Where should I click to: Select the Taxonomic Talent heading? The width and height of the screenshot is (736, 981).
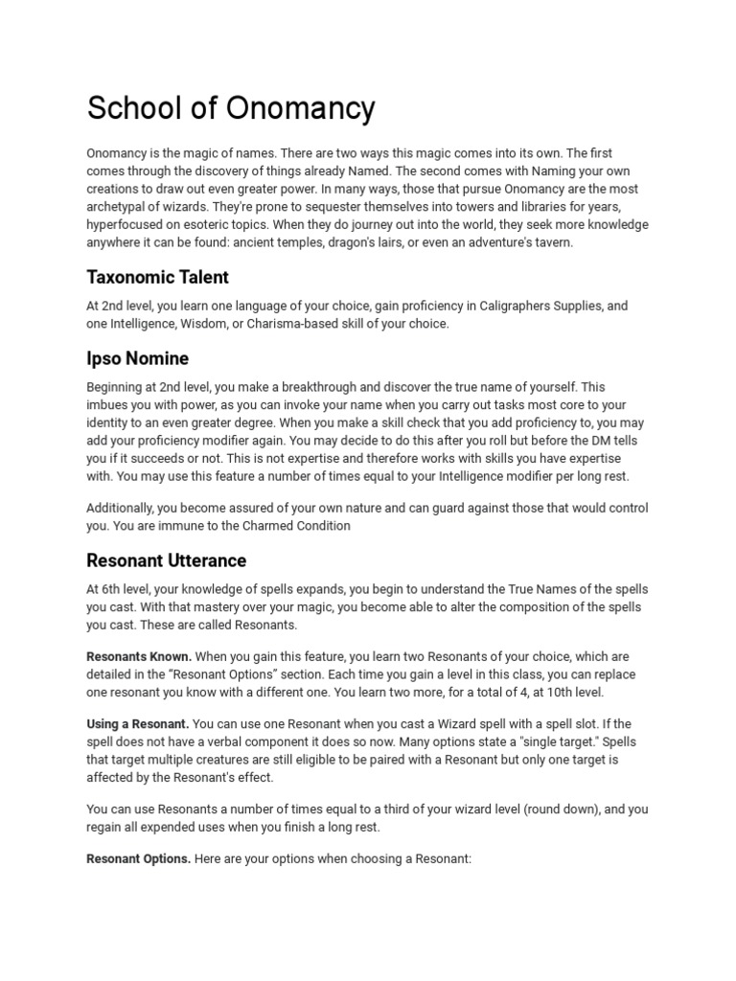(x=157, y=278)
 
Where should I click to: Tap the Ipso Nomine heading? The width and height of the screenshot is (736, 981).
(x=137, y=358)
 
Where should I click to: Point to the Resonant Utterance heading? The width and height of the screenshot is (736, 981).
(x=166, y=560)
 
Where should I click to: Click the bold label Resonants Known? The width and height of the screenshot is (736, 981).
(x=139, y=657)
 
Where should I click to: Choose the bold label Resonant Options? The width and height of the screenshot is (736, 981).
(x=138, y=859)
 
